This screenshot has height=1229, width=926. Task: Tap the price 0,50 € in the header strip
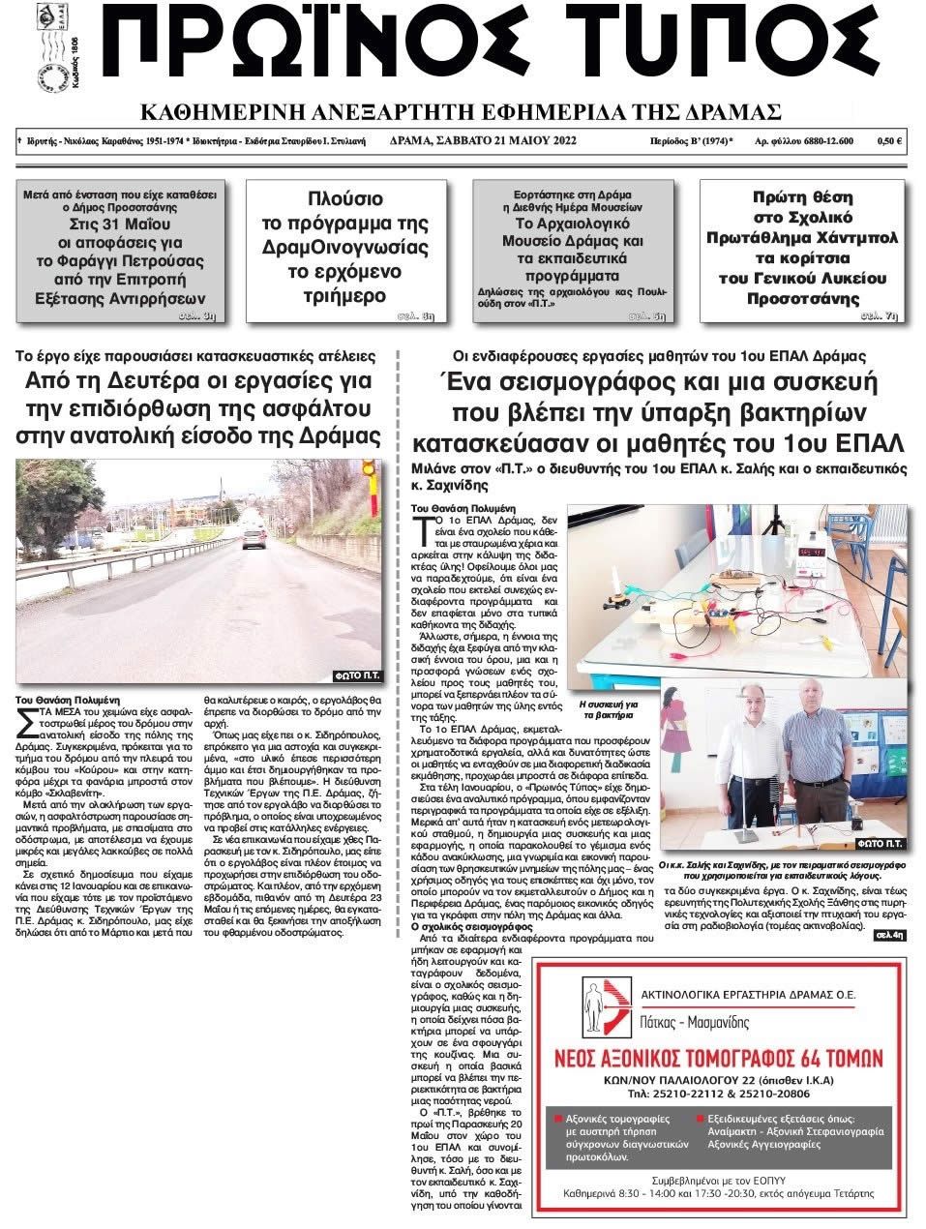tap(889, 140)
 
